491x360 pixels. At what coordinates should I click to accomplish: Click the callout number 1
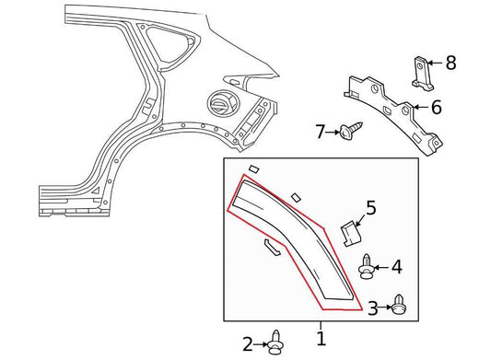click(x=321, y=339)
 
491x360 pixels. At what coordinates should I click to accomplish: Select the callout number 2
click(x=248, y=344)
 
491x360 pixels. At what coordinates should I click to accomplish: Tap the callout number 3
click(x=373, y=308)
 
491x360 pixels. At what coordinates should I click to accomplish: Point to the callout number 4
click(x=397, y=267)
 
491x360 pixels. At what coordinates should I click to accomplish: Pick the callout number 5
click(x=371, y=208)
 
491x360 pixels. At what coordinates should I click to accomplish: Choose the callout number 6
click(x=437, y=107)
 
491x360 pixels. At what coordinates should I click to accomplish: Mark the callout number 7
click(x=320, y=132)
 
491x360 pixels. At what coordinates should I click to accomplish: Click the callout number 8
click(x=450, y=63)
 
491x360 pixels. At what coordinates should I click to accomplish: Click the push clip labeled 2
click(x=275, y=343)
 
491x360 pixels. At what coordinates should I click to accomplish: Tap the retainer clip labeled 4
click(x=367, y=267)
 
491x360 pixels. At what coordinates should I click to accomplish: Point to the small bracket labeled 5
click(x=351, y=234)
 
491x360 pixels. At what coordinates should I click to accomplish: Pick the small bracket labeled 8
click(x=423, y=74)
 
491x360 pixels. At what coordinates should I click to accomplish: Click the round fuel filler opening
click(x=222, y=103)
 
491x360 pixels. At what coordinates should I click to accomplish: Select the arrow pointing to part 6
click(x=421, y=108)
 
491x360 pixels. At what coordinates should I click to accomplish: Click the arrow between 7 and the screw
click(x=333, y=133)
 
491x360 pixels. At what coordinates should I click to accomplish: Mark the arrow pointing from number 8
click(x=435, y=63)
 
